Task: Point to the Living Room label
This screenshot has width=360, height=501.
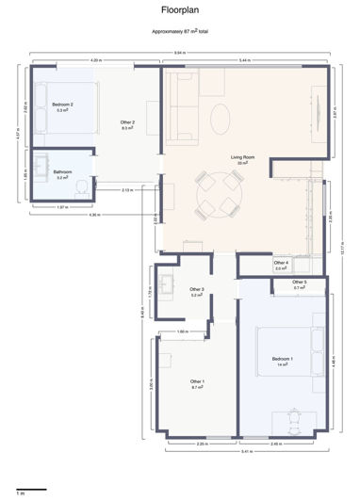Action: point(243,157)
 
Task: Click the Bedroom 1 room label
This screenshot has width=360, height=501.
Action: point(283,360)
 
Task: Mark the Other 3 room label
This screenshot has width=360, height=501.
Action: point(197,290)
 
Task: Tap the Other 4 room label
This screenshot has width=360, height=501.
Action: point(281,264)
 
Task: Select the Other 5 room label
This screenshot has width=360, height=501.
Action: point(299,283)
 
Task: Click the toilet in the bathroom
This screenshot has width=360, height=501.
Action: point(82,188)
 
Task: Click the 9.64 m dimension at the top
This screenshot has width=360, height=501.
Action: point(178,52)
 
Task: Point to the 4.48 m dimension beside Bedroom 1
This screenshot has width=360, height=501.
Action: point(336,359)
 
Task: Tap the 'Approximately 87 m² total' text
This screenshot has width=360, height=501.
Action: point(180,31)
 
